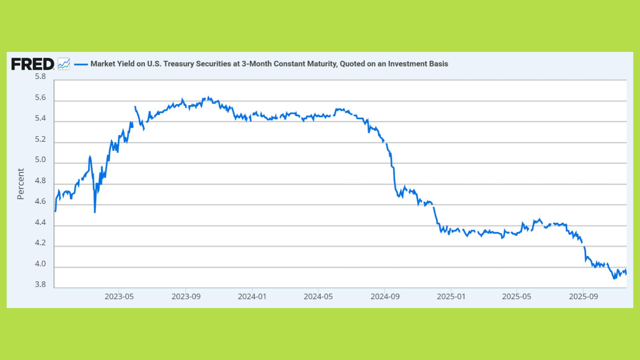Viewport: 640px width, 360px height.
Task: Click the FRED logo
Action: (x=32, y=64)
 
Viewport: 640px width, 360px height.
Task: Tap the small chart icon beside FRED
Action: (x=64, y=64)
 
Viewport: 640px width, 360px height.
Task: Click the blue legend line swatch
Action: (x=81, y=64)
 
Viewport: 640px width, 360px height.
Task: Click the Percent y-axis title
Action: (x=21, y=184)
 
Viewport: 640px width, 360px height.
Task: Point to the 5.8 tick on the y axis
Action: (x=40, y=77)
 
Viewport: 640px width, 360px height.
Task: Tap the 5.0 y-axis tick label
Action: (x=40, y=160)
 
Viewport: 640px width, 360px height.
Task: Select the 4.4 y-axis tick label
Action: (x=40, y=222)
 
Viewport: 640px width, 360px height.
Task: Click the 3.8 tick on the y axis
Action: (x=40, y=285)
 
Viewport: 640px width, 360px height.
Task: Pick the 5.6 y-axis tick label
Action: (x=40, y=98)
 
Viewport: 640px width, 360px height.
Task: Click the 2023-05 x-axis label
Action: (x=119, y=296)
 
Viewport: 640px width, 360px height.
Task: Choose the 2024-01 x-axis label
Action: (x=252, y=296)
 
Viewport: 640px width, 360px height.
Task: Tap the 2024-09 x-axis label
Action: (x=385, y=296)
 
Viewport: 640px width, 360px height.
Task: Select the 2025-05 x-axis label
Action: (x=516, y=296)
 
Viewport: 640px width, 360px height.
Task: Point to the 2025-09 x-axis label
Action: (x=583, y=296)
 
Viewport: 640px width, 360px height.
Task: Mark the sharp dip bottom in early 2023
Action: (x=95, y=212)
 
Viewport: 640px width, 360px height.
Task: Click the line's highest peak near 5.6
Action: (x=209, y=97)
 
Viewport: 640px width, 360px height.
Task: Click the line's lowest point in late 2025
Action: (x=614, y=278)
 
